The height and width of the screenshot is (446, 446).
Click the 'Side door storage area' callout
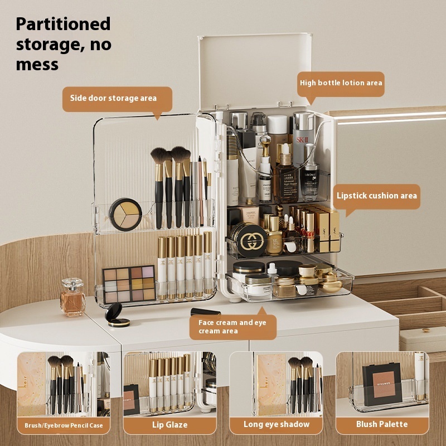(113, 98)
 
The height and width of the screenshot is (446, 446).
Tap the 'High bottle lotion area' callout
(341, 83)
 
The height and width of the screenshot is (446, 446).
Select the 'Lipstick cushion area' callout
(377, 196)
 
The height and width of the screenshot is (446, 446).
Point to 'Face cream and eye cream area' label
(232, 327)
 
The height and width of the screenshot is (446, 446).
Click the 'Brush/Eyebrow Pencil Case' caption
(64, 425)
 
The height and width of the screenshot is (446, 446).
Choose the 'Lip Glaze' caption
(169, 425)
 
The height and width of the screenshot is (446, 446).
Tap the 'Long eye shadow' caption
(276, 425)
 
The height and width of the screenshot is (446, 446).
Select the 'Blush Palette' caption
(382, 425)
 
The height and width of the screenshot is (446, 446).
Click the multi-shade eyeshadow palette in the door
(129, 284)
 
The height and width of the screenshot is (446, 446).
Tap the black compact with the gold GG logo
(249, 240)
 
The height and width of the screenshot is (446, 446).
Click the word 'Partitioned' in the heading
(63, 24)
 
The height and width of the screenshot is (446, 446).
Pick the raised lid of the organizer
(254, 70)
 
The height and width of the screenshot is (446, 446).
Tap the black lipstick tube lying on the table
(206, 312)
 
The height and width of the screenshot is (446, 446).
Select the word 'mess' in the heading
(37, 64)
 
